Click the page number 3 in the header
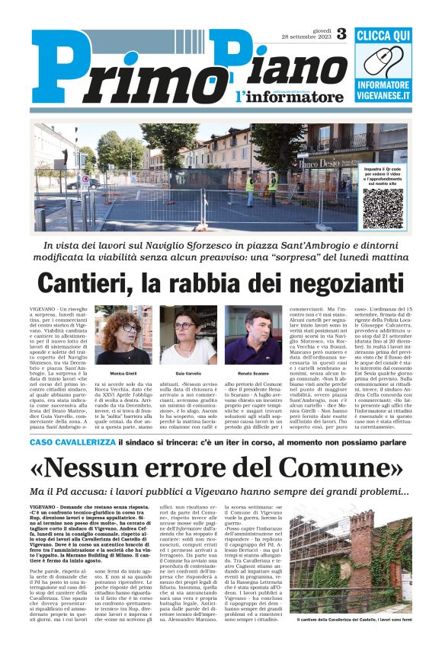pyautogui.click(x=341, y=33)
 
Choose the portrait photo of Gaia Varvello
pyautogui.click(x=187, y=335)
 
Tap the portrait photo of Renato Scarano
pyautogui.click(x=253, y=335)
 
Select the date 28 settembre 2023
pyautogui.click(x=306, y=38)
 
